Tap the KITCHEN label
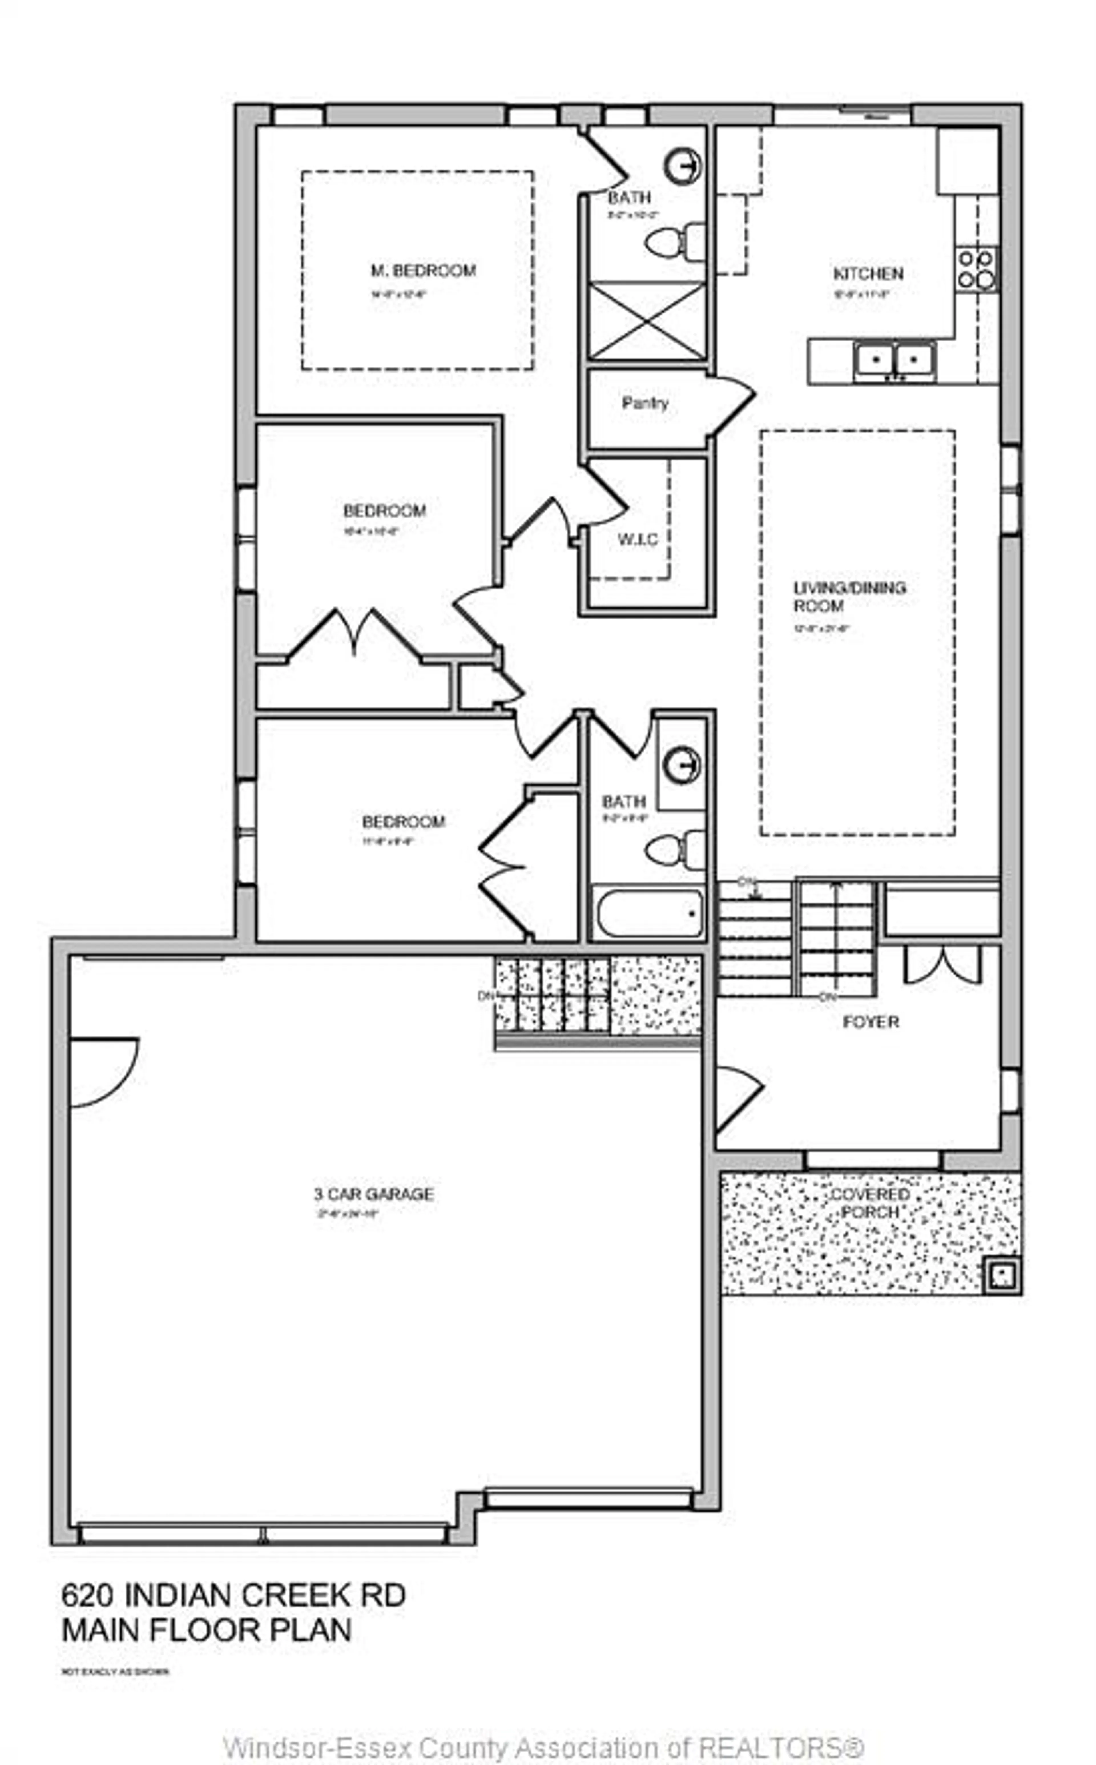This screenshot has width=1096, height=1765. point(868,274)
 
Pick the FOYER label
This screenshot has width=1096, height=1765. point(871,1022)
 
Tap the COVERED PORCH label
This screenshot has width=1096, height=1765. point(870,1203)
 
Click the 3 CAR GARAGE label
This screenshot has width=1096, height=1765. point(373,1194)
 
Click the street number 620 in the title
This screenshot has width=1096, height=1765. point(87,1595)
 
